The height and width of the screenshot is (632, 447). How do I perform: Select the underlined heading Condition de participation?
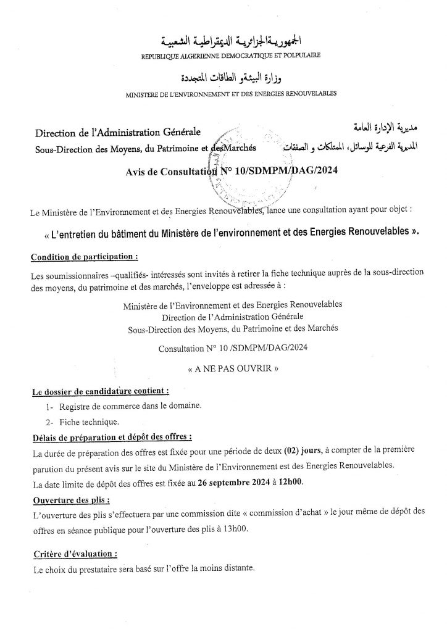[83, 256]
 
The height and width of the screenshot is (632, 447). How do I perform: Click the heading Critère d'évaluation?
[74, 555]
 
